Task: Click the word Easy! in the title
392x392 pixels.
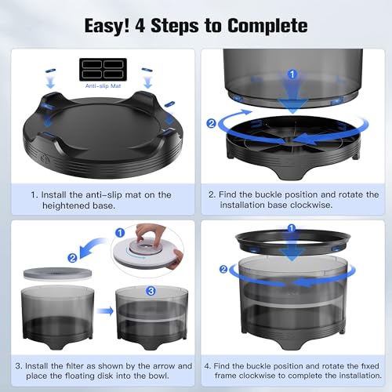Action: (107, 26)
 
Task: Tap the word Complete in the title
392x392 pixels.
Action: (267, 26)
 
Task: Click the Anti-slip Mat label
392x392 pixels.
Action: (103, 86)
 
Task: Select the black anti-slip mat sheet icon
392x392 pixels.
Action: (103, 69)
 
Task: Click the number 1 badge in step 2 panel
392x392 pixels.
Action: (292, 74)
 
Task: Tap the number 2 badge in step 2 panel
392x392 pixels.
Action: (211, 123)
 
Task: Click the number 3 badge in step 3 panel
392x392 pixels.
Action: (151, 291)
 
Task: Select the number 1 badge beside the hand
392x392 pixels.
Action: (120, 233)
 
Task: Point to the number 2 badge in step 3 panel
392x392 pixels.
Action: (72, 258)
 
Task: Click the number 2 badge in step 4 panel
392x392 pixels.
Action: (223, 269)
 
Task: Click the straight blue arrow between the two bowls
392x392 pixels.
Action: (105, 311)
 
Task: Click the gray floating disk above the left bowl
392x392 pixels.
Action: (57, 274)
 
